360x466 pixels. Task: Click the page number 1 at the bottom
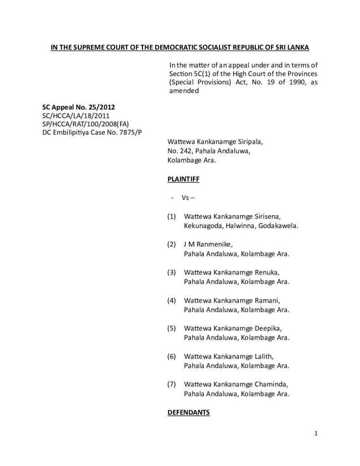[x=315, y=433]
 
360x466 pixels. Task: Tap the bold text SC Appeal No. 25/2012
[x=79, y=107]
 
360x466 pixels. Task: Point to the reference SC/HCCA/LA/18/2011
[x=75, y=116]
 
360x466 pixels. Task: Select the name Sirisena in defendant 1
[x=273, y=217]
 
